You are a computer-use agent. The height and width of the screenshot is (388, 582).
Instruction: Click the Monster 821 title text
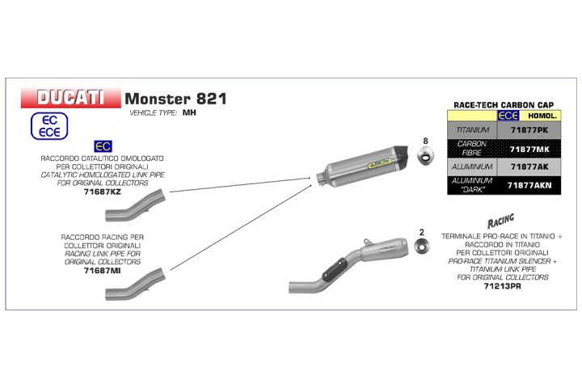click(x=175, y=99)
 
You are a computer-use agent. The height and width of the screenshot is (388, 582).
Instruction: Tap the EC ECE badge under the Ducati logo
click(x=49, y=125)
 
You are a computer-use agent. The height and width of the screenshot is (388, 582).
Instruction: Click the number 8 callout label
click(x=425, y=142)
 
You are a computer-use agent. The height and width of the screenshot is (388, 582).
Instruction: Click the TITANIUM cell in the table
click(x=473, y=129)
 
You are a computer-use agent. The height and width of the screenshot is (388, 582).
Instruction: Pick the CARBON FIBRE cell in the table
click(x=473, y=147)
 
